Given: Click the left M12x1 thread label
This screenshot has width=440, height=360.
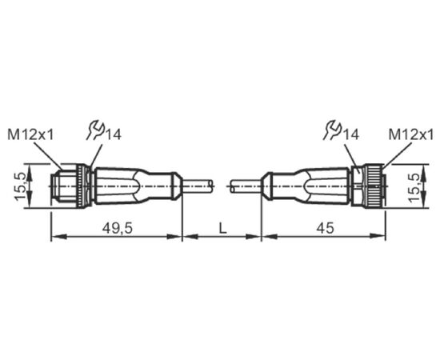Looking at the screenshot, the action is (x=30, y=134).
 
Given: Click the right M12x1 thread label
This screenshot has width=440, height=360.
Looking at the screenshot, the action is (x=411, y=134).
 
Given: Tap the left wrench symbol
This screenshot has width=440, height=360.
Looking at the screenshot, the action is (x=95, y=130).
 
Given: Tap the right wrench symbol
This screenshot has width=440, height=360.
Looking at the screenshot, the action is (x=332, y=130).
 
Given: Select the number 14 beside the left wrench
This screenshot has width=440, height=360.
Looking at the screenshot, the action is (x=113, y=134).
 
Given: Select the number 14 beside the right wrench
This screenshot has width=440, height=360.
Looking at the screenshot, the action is (x=350, y=134).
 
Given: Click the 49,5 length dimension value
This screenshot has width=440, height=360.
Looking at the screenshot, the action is (x=117, y=228).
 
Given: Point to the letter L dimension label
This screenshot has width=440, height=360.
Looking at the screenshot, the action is (x=222, y=228).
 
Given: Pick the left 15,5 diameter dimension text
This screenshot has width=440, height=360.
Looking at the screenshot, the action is (x=21, y=186).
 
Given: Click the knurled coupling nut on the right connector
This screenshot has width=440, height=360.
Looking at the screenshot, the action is (x=373, y=186).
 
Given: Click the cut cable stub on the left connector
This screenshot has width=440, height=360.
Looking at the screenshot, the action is (x=198, y=186).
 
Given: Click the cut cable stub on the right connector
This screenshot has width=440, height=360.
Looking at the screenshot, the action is (x=246, y=186).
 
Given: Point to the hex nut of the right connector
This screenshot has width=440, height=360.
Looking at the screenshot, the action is (x=357, y=186).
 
